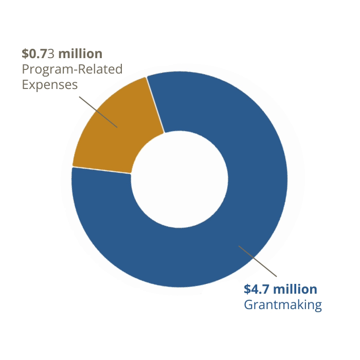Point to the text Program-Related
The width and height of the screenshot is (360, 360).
pos(72,69)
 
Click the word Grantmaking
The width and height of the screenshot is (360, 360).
pos(282,304)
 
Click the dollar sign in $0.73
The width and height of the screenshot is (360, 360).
pos(25,53)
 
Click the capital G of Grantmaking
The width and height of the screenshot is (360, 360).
pos(248,304)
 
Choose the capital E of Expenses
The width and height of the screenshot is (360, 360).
pos(25,84)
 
